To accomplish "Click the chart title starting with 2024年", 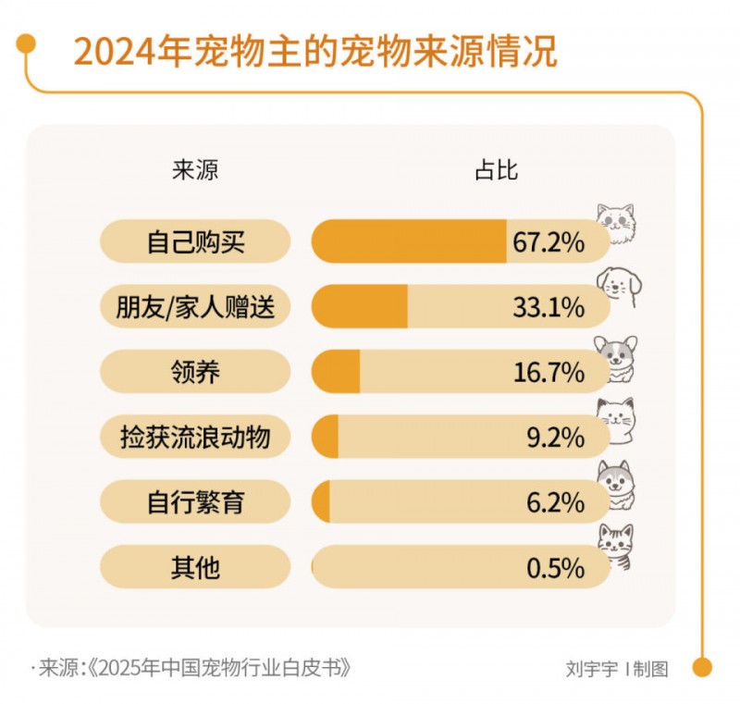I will coord(314,53).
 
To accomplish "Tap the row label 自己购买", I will coord(195,242).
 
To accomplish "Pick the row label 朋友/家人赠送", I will coord(195,307).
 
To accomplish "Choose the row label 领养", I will coord(195,372).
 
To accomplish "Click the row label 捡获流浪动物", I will coord(195,437).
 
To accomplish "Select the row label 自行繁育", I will coord(195,502).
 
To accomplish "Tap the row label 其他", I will coord(195,567).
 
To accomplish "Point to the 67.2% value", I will coord(549,242).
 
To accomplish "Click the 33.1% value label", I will coord(549,307).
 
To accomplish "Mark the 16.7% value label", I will coord(549,372).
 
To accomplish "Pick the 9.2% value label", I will coord(555,437).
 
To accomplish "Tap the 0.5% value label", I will coord(555,567).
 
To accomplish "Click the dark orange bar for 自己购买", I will coord(409,242).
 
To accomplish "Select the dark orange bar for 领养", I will coord(336,372).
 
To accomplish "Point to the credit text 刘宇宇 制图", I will coord(616,669).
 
